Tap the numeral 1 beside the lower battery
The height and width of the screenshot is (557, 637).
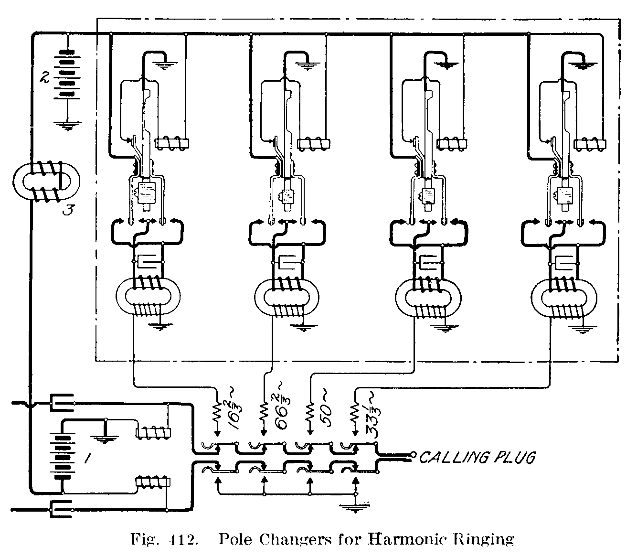click(x=88, y=459)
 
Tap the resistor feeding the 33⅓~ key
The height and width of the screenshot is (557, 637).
click(x=355, y=411)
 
